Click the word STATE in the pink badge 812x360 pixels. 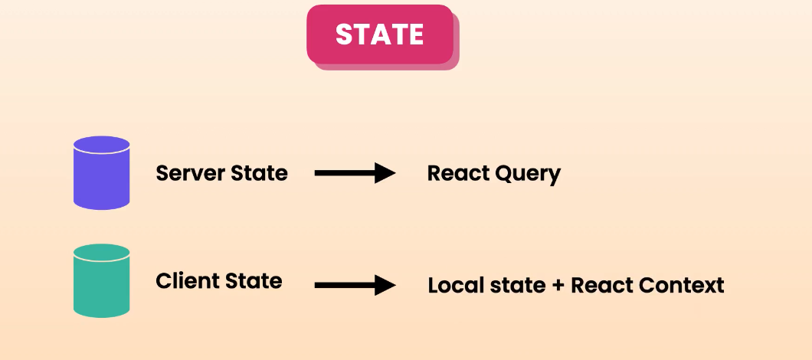380,34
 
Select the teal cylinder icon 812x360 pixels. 101,281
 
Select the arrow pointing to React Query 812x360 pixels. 355,174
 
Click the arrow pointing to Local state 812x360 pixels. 355,286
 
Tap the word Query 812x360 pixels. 528,174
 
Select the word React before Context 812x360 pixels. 602,286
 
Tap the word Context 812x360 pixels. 682,286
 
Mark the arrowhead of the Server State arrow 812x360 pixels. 385,174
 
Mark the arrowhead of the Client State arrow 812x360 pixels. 385,286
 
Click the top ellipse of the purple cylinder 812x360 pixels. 101,145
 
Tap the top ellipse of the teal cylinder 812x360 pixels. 101,253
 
